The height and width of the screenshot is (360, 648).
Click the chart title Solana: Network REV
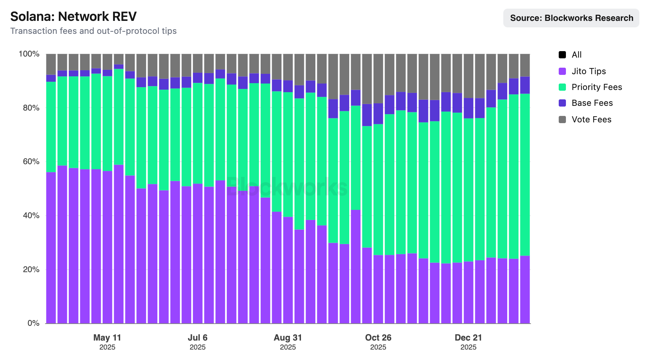pyautogui.click(x=73, y=17)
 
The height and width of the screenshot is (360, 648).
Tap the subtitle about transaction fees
pyautogui.click(x=94, y=31)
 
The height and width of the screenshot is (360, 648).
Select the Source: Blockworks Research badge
pyautogui.click(x=571, y=18)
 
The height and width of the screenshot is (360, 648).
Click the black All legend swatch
pyautogui.click(x=562, y=55)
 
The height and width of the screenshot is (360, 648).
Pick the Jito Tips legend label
pyautogui.click(x=589, y=71)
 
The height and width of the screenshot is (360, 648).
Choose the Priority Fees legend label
pyautogui.click(x=597, y=87)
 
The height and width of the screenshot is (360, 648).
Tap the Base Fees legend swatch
pyautogui.click(x=562, y=103)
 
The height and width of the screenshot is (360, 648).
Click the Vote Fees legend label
pyautogui.click(x=591, y=120)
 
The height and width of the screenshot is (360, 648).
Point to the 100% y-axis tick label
pyautogui.click(x=29, y=54)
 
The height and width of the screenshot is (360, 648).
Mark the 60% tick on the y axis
pyautogui.click(x=31, y=162)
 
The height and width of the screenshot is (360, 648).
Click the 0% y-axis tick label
pyautogui.click(x=33, y=323)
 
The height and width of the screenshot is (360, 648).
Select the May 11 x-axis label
pyautogui.click(x=107, y=338)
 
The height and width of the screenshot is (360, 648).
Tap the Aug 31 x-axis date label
pyautogui.click(x=288, y=338)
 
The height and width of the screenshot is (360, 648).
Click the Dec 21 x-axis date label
pyautogui.click(x=468, y=338)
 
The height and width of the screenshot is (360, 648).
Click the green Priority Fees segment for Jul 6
pyautogui.click(x=198, y=133)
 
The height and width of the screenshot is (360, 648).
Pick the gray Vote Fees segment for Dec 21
pyautogui.click(x=468, y=76)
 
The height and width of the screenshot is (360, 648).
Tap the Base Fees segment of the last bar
pyautogui.click(x=525, y=85)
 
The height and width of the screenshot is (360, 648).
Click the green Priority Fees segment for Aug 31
pyautogui.click(x=288, y=154)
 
